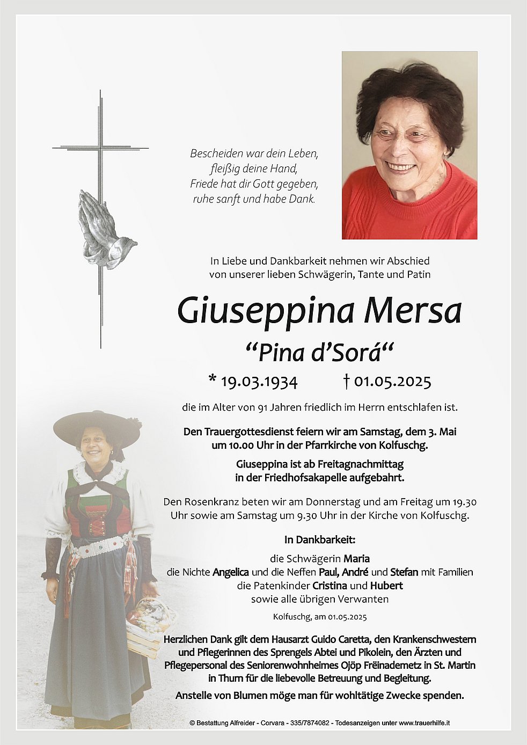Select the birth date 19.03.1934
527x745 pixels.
[x=259, y=382]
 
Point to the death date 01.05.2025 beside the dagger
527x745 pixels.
[x=392, y=382]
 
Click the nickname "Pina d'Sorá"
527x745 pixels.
[x=319, y=353]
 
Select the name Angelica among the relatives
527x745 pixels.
[x=230, y=572]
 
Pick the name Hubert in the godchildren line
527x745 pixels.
[x=386, y=586]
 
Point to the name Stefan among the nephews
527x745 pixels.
[x=404, y=572]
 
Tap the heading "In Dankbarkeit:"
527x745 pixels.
[x=320, y=540]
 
